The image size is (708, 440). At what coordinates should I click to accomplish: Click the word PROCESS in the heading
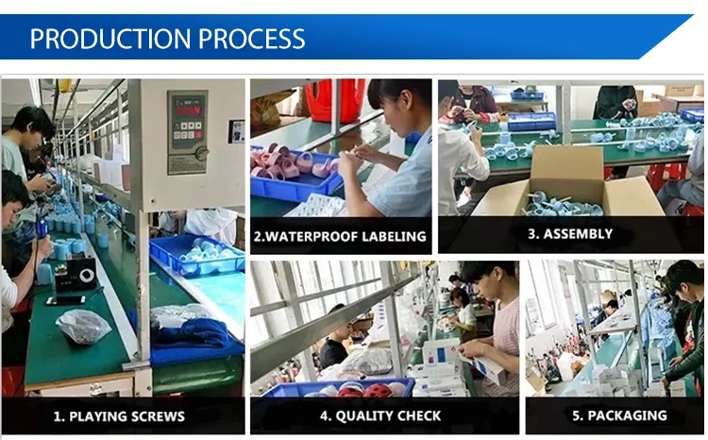coord(252,39)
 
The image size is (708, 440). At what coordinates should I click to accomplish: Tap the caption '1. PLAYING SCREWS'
coord(119,416)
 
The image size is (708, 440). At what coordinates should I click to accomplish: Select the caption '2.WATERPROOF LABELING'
coord(340,236)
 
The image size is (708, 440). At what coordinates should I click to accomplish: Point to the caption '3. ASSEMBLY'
coord(570,233)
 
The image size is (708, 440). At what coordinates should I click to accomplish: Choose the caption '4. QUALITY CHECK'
coord(380,415)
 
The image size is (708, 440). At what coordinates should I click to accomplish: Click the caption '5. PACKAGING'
coord(619,415)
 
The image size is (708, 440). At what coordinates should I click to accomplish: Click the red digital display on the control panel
coord(188,110)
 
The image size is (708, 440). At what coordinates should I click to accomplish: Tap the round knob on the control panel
coord(201,154)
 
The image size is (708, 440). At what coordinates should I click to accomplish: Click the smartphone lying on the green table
coord(66,300)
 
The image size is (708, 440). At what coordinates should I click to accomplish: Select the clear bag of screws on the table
coord(83,327)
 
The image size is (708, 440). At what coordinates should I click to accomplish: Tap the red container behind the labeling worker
coord(335,100)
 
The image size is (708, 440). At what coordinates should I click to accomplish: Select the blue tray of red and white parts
coord(339,389)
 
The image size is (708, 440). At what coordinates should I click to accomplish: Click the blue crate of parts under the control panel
coord(197,255)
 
